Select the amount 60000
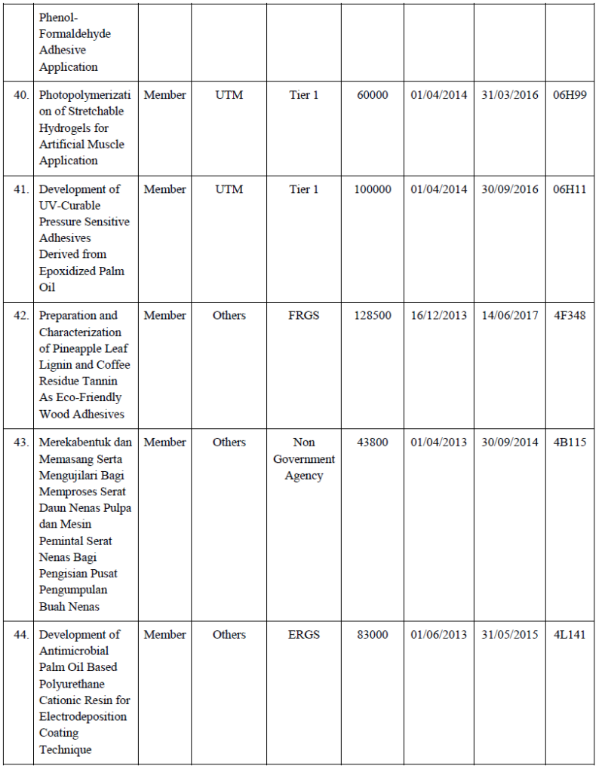373,95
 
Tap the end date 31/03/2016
510,95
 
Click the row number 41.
22,189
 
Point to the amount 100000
373,189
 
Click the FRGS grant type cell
304,315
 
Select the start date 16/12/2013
439,315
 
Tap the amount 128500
373,315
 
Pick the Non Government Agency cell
304,458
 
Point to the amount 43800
373,442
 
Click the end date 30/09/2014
510,442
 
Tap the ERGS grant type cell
304,634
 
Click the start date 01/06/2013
439,634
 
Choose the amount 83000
373,634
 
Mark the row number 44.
22,634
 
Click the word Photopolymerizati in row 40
84,95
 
